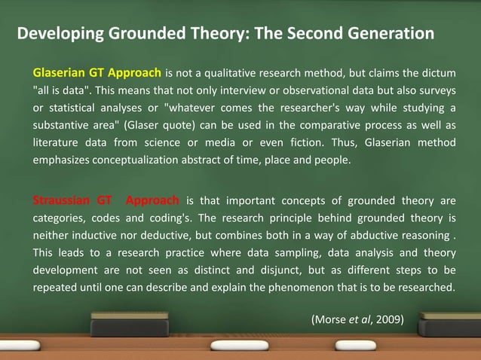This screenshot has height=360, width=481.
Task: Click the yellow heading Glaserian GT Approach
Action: tap(97, 73)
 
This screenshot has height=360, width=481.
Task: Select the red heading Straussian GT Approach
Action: tap(106, 200)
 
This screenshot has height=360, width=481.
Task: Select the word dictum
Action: tap(439, 73)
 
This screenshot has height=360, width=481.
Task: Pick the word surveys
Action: tap(437, 90)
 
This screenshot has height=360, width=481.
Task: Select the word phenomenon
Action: tap(295, 287)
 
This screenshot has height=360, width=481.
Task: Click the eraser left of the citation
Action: tap(130, 325)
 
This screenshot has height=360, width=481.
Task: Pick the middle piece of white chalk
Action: tap(239, 346)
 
